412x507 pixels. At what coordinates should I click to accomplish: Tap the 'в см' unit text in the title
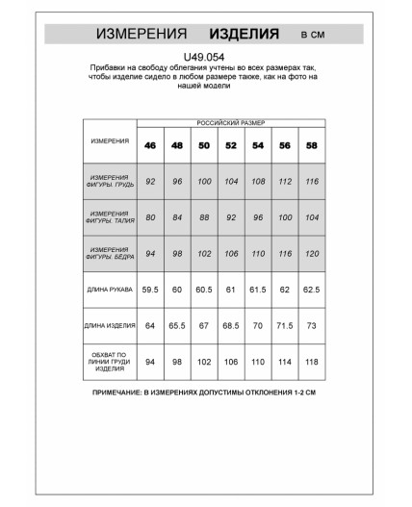314,35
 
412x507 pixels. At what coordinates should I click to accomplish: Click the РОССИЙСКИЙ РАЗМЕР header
230,124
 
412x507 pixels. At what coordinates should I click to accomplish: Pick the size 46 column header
150,144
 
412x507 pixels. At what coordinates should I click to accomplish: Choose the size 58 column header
311,144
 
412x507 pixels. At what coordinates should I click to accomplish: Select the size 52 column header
231,144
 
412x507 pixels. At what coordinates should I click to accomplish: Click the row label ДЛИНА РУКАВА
110,288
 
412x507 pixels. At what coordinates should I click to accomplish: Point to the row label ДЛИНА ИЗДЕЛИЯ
110,325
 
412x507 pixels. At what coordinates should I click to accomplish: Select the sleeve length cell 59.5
150,289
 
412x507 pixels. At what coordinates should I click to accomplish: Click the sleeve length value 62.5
311,289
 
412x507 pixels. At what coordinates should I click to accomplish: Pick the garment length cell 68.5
231,325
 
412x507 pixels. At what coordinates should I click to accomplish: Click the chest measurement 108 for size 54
257,181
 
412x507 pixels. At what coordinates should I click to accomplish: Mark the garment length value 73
311,325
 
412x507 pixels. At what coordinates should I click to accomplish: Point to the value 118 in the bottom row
311,363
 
